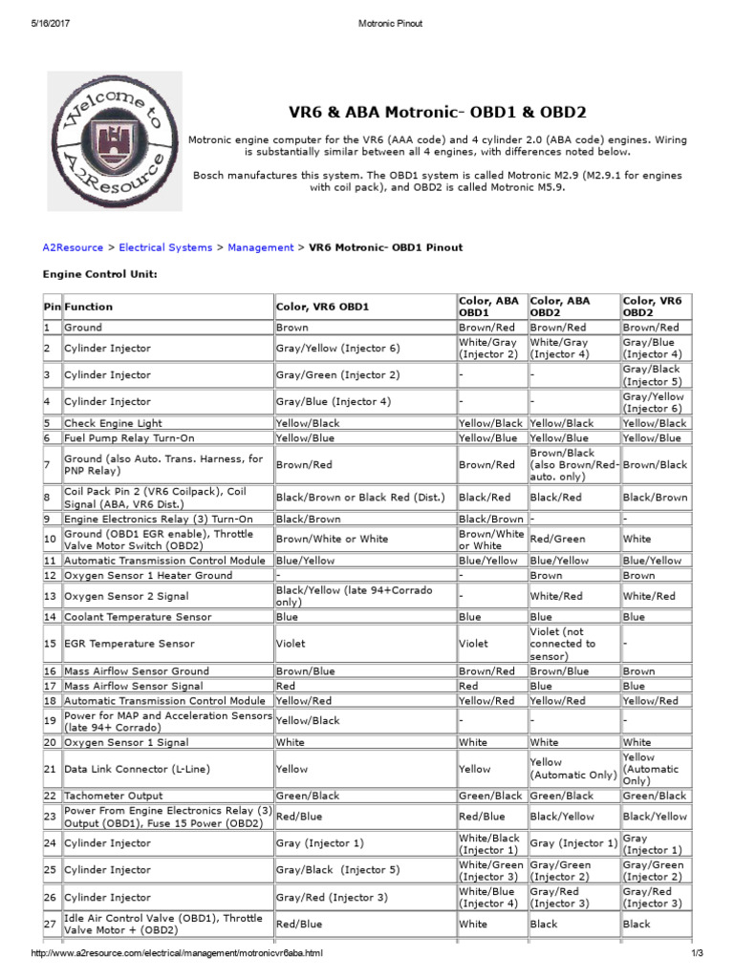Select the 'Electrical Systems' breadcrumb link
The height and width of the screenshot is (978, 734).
click(165, 247)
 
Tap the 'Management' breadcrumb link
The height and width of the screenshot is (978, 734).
click(260, 247)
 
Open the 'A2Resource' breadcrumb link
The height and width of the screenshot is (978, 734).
click(73, 247)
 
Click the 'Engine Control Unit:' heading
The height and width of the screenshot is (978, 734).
click(99, 274)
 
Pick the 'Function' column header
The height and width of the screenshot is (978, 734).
click(88, 307)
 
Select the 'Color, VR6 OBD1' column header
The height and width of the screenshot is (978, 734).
click(322, 307)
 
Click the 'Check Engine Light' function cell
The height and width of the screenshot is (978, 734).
click(113, 423)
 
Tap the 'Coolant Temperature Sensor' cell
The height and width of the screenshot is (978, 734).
click(138, 617)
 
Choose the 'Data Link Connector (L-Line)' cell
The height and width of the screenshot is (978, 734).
click(136, 769)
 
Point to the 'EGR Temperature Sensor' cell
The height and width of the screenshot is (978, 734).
click(129, 644)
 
